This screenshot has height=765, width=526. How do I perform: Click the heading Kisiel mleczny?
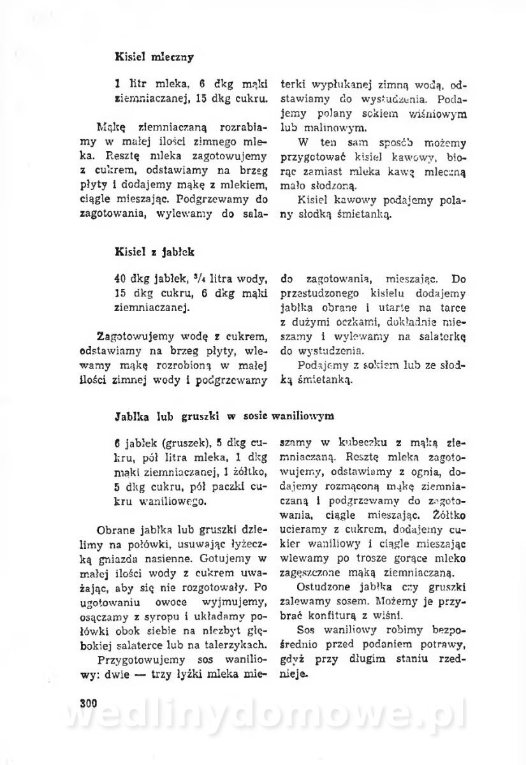tap(153, 56)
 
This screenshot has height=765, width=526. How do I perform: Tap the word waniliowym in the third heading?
tap(303, 416)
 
